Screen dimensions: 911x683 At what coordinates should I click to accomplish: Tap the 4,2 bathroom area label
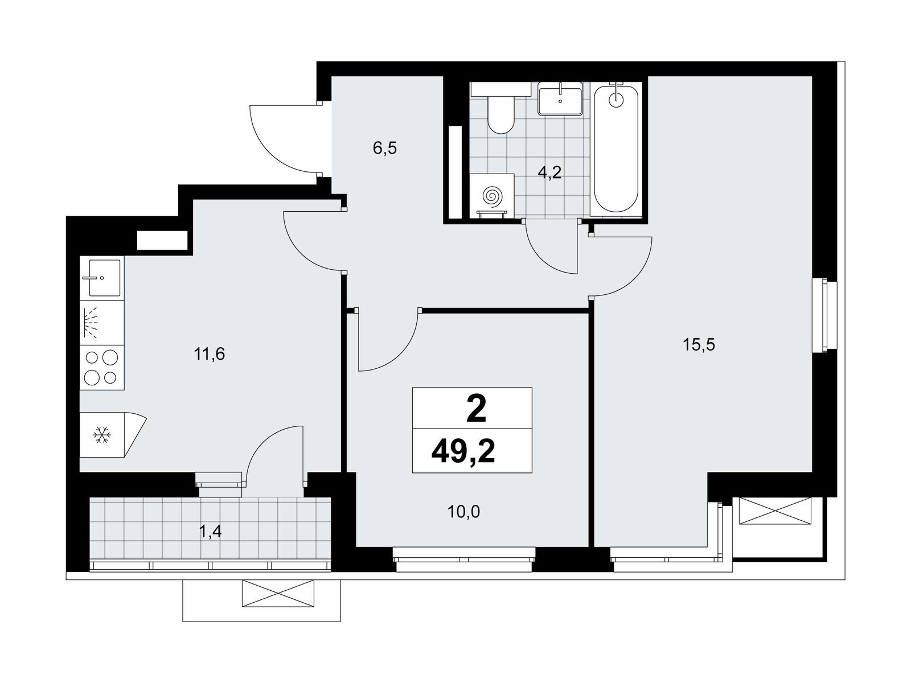[x=549, y=172]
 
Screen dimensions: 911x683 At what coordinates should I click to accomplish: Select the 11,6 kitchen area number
[x=209, y=354]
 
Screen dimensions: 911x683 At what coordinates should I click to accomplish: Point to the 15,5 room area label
[x=699, y=344]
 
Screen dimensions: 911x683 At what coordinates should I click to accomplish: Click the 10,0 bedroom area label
[x=463, y=512]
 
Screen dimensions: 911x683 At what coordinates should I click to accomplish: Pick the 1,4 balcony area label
[x=211, y=532]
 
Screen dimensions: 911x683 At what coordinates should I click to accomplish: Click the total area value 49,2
[x=463, y=452]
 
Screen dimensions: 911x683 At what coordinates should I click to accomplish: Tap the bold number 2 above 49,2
[x=476, y=409]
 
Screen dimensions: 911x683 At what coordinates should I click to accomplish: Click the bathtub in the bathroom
[x=616, y=149]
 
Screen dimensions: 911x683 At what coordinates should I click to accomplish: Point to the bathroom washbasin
[x=560, y=98]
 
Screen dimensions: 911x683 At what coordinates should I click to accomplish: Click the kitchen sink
[x=102, y=277]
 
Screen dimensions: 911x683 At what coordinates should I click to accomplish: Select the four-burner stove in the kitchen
[x=102, y=368]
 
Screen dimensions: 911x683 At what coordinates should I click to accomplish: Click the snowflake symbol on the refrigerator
[x=100, y=435]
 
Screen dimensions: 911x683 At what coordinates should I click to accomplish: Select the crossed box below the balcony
[x=278, y=593]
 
